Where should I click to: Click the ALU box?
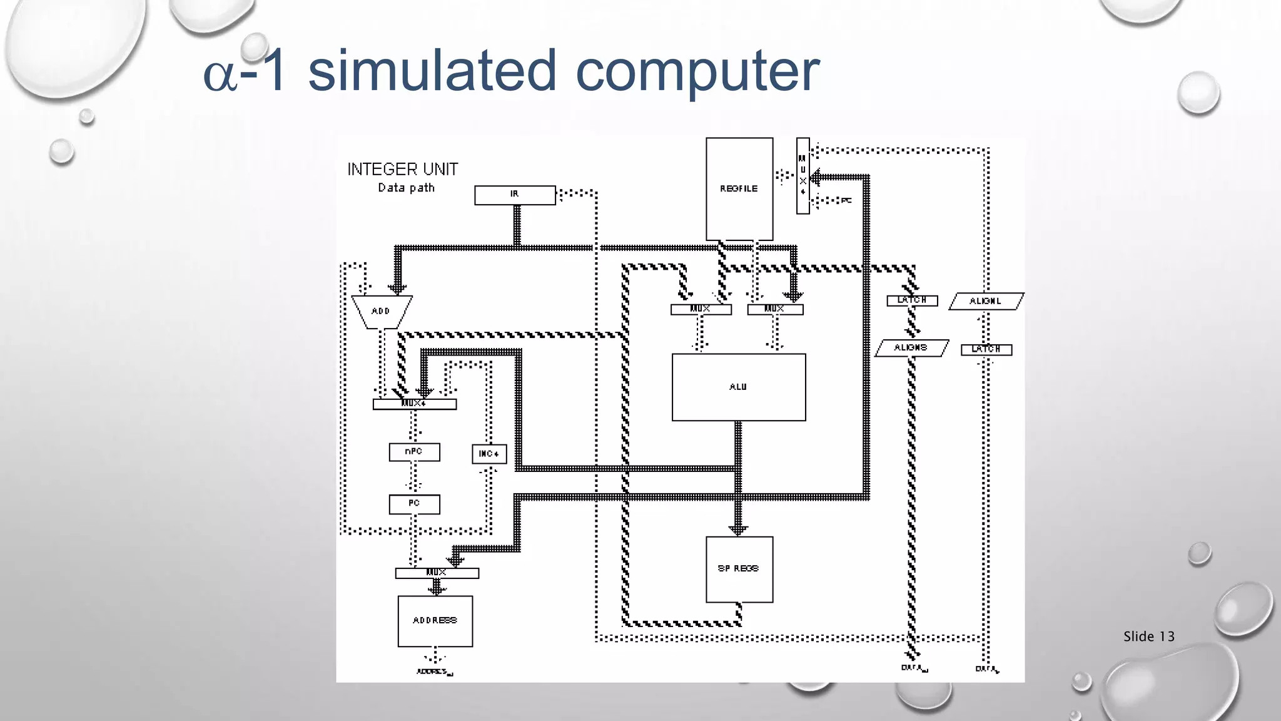click(739, 387)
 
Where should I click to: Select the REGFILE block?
click(739, 188)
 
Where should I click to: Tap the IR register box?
click(515, 195)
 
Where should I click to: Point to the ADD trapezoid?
click(381, 311)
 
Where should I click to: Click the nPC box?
click(414, 452)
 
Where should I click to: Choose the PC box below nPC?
click(414, 504)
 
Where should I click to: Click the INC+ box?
click(489, 454)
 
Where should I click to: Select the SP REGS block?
click(739, 569)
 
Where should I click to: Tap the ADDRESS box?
click(435, 621)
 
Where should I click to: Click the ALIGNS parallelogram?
click(911, 348)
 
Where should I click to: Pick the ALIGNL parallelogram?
click(986, 301)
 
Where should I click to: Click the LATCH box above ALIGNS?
click(912, 300)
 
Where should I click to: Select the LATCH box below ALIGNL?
click(986, 349)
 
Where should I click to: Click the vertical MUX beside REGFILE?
click(803, 175)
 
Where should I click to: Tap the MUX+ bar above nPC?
click(414, 404)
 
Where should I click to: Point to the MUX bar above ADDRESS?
click(437, 573)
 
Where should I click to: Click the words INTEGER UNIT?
click(403, 170)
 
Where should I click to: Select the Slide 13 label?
click(1148, 637)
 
